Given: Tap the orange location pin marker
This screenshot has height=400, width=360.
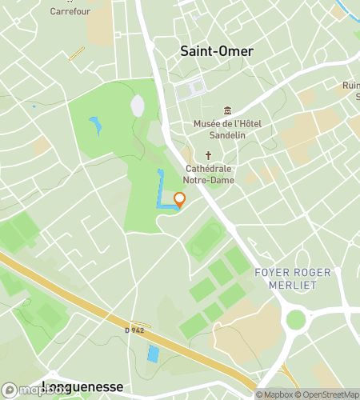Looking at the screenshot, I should point(179,200).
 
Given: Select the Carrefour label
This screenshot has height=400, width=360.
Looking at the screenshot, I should point(70,12).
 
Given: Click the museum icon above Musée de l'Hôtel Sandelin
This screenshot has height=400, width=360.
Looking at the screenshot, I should point(228,111).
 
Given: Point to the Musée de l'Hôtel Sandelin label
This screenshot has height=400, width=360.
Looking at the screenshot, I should point(228,130).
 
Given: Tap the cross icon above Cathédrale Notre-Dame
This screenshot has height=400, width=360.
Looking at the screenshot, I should point(209,156).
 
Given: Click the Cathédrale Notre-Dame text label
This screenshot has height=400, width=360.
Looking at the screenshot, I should point(209,174).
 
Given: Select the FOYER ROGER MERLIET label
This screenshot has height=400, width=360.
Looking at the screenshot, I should point(292,278).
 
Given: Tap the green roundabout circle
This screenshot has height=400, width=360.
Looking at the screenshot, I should point(296,319).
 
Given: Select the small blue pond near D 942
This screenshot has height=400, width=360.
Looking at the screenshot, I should point(153,353).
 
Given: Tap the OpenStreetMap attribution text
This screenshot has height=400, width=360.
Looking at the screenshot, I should point(327,394).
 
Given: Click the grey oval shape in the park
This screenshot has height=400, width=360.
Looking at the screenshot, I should point(138,106).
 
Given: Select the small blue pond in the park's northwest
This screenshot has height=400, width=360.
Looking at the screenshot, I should point(96,126).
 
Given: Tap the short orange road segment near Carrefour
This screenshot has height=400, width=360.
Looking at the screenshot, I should point(77,54).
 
